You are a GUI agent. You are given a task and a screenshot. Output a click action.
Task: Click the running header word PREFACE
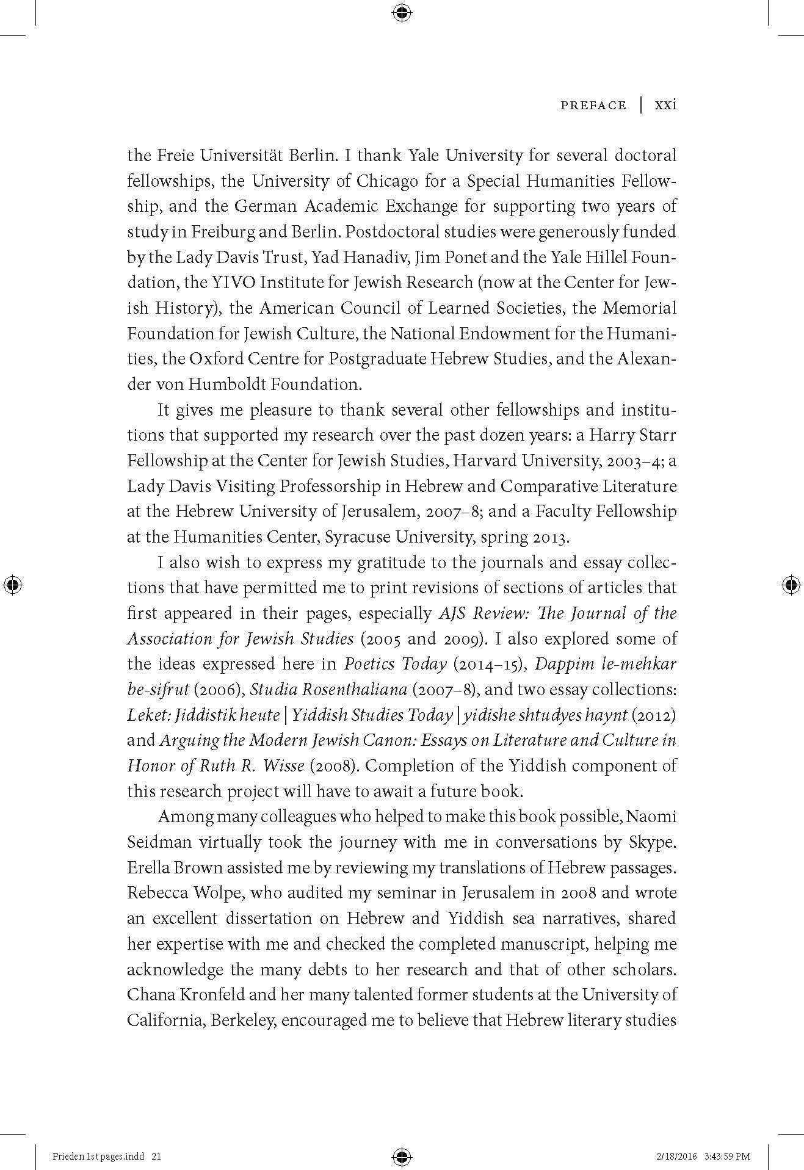(593, 106)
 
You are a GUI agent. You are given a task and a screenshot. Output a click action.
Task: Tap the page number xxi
(665, 105)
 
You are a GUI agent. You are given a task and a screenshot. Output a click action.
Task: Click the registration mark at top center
(402, 13)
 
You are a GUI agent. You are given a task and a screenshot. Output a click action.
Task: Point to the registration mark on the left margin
(13, 585)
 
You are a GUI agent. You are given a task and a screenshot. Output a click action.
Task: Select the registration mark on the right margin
(791, 585)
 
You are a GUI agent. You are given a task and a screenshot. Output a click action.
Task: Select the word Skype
(652, 842)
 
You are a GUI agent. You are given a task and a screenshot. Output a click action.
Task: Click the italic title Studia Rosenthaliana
(328, 690)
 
